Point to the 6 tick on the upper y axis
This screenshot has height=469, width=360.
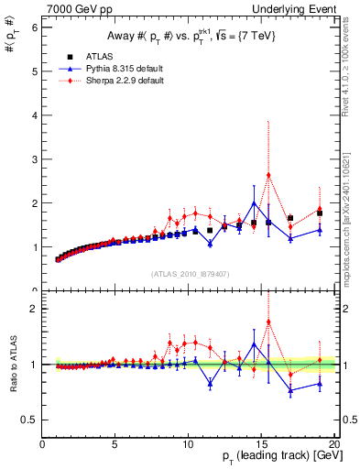pos(36,27)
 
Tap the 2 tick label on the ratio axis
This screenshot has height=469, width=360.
pos(36,309)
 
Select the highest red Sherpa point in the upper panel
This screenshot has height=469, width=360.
pos(268,175)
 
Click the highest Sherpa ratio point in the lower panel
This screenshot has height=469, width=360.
pos(268,322)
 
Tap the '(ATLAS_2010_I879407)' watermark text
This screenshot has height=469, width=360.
pos(189,274)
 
